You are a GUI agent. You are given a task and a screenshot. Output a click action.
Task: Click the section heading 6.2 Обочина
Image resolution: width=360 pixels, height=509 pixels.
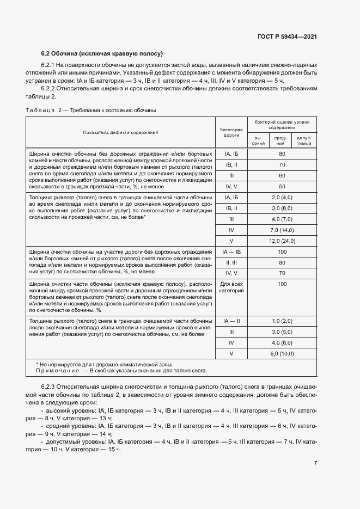click(x=103, y=53)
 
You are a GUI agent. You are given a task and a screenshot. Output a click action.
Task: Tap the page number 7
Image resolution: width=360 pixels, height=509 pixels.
click(x=315, y=463)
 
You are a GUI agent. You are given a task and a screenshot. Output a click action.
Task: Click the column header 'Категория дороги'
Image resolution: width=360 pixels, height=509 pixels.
click(x=231, y=132)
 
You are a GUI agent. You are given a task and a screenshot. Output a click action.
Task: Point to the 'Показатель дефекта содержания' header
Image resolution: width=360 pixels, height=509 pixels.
click(x=120, y=132)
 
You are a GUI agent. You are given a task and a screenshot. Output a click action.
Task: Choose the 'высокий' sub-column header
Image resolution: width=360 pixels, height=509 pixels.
click(x=259, y=140)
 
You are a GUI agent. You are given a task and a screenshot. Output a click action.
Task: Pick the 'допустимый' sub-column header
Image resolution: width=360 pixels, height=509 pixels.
click(x=303, y=140)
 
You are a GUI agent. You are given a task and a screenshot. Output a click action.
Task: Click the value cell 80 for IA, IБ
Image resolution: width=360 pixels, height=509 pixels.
click(x=282, y=154)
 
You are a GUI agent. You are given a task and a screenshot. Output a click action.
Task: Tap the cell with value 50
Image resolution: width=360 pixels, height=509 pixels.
click(x=282, y=186)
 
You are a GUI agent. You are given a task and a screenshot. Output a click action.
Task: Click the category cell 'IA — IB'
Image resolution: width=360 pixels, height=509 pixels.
click(x=231, y=252)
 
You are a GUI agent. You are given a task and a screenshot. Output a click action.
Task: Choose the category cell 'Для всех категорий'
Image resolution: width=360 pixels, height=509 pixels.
click(x=231, y=287)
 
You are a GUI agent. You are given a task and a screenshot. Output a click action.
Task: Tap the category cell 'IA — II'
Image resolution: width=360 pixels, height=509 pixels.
click(x=231, y=321)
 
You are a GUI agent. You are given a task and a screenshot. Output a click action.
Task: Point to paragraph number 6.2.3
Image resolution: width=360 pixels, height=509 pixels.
click(x=51, y=386)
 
